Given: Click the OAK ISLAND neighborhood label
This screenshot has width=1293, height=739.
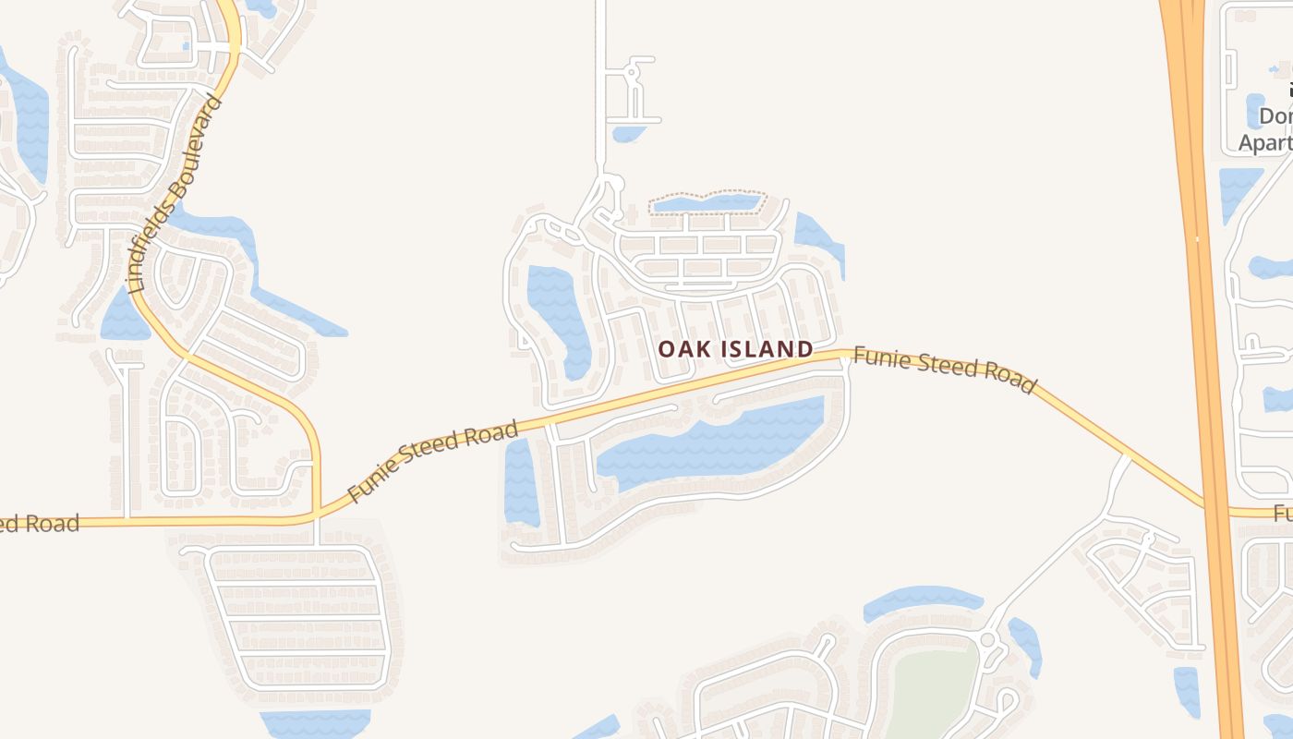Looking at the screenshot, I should [x=735, y=349].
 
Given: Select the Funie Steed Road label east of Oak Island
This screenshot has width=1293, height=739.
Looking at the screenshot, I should [x=944, y=369].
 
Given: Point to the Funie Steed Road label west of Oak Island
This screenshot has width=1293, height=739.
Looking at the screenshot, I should [x=433, y=463].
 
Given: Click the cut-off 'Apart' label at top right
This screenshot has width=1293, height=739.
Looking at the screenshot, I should [x=1264, y=143].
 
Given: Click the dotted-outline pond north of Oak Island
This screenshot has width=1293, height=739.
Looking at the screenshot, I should [x=707, y=203].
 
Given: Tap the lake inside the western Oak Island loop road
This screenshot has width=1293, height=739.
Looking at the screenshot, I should [x=559, y=314].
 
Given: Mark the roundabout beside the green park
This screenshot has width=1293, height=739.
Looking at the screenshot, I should [x=987, y=639].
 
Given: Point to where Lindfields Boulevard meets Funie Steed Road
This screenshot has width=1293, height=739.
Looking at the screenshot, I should [x=316, y=512].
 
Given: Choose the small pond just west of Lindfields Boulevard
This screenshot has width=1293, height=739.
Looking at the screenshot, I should [x=123, y=316].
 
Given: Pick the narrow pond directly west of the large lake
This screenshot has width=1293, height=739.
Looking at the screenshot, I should [x=520, y=482].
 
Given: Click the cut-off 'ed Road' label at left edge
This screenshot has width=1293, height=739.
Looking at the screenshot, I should [x=39, y=524].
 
